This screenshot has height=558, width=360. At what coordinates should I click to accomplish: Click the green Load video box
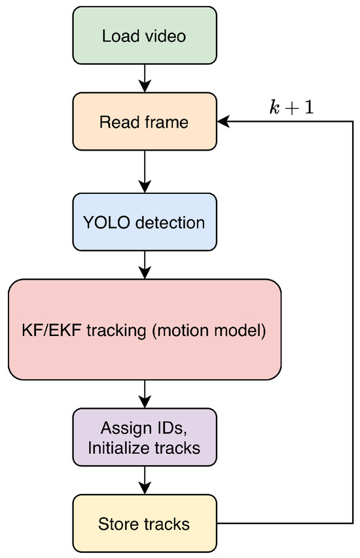coord(145,35)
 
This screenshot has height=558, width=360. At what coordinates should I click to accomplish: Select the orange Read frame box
coord(145,122)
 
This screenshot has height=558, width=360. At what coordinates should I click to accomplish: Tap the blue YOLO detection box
coord(145,222)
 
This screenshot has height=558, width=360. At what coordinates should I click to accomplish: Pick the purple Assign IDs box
coord(145,437)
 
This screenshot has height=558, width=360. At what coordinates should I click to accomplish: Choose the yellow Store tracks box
coord(145,523)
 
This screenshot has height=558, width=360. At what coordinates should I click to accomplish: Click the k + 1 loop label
coord(292,107)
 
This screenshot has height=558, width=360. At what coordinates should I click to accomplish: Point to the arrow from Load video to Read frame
coord(145,79)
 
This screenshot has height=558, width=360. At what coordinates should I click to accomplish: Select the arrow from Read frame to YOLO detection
coord(145,172)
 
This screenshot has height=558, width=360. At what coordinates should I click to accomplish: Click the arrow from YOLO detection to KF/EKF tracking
coord(145,265)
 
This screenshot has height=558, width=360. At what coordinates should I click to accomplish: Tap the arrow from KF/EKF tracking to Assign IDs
coord(145,394)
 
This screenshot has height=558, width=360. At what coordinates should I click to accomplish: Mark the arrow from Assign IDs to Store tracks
coord(145,480)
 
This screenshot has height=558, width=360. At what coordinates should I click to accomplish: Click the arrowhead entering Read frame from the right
coord(223,122)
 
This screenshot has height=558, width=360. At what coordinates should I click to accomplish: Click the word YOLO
coord(106,223)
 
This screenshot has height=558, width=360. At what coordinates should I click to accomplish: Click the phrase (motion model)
coord(209,331)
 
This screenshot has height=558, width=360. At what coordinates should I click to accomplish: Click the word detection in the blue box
coord(170,223)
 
